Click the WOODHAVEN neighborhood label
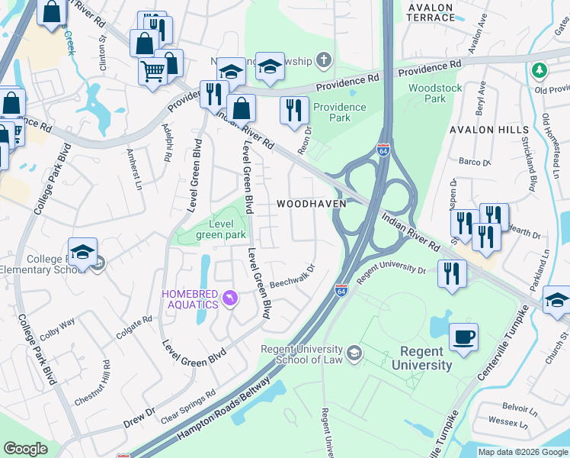pyautogui.click(x=311, y=204)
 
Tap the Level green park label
pyautogui.click(x=221, y=229)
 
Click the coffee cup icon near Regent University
pyautogui.click(x=463, y=337)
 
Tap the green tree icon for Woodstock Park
pyautogui.click(x=540, y=70)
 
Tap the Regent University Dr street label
pyautogui.click(x=390, y=273)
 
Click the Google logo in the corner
pyautogui.click(x=26, y=449)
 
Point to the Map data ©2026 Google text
pyautogui.click(x=522, y=452)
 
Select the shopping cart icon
pyautogui.click(x=153, y=72)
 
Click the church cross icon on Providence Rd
pyautogui.click(x=323, y=60)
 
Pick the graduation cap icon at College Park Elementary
pyautogui.click(x=82, y=252)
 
